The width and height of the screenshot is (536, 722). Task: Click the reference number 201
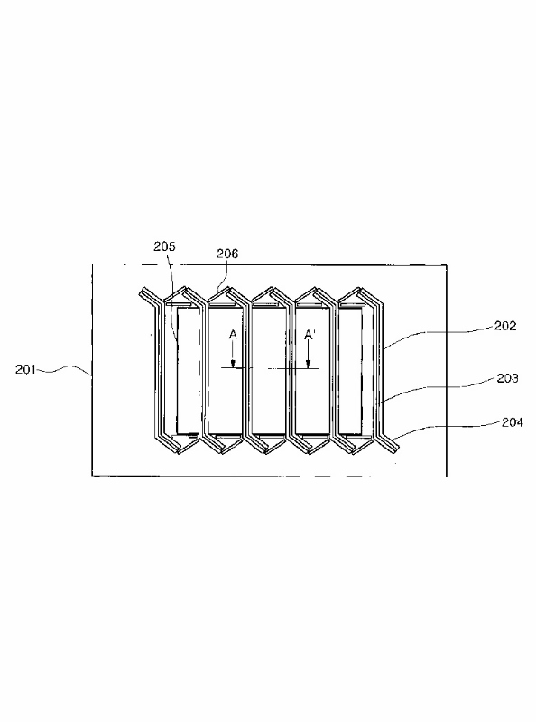click(25, 369)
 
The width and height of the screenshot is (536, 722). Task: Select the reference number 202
click(505, 326)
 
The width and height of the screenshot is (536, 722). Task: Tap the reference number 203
click(507, 378)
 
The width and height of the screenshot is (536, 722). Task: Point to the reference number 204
click(512, 422)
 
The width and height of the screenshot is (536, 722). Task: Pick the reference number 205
click(164, 246)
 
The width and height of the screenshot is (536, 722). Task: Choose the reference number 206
click(227, 254)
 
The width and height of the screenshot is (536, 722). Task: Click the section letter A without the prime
click(233, 334)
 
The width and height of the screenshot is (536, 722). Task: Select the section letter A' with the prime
click(310, 335)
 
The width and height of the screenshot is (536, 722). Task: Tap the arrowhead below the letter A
click(233, 365)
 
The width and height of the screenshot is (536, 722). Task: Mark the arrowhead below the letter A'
click(308, 365)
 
